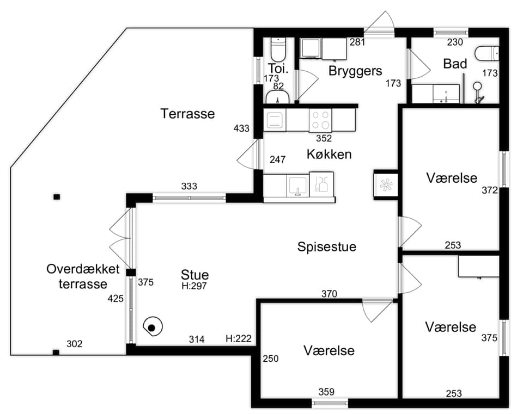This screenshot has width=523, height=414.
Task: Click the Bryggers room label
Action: (355, 71)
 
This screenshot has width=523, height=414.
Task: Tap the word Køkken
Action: (329, 154)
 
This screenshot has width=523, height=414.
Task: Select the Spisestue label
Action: (327, 247)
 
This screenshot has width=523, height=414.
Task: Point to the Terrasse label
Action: (187, 114)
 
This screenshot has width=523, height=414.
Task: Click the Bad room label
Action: (455, 64)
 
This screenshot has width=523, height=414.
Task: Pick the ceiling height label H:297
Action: (194, 286)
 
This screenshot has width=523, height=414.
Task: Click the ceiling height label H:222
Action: (239, 339)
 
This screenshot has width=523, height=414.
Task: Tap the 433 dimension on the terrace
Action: (241, 128)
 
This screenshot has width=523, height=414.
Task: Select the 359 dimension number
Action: (326, 392)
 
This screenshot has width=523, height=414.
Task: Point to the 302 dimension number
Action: (75, 344)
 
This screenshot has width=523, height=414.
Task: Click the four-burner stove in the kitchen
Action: (320, 120)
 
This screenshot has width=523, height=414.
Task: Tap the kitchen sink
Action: (298, 186)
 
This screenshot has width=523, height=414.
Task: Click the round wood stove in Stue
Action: (153, 327)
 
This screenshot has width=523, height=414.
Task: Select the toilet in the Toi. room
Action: (278, 49)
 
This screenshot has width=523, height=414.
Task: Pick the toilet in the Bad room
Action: (486, 54)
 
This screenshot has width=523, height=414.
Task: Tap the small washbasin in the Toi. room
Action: (277, 97)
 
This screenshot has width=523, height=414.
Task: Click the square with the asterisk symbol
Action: (386, 184)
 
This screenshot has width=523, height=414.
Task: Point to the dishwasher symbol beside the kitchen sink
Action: (321, 186)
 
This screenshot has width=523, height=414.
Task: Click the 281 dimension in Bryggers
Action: (357, 42)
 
